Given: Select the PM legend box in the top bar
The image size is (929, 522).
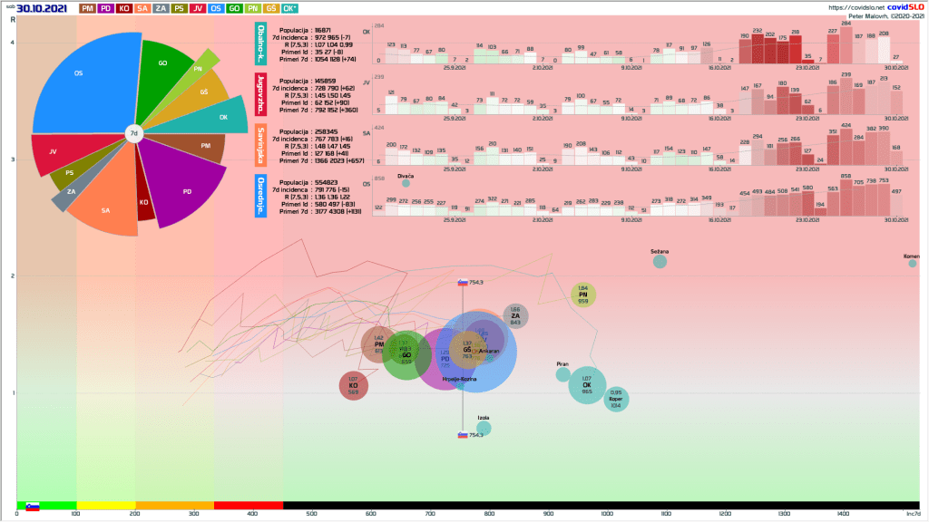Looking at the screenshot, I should [87, 8].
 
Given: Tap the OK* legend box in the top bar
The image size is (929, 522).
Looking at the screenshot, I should [289, 8].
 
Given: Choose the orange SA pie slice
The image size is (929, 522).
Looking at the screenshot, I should [107, 209].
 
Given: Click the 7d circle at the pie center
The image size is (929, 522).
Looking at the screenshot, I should [133, 133].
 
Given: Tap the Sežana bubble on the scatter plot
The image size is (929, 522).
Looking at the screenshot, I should [660, 261].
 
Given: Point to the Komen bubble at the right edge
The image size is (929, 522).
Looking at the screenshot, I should [912, 265].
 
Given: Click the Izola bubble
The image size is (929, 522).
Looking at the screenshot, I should [484, 428].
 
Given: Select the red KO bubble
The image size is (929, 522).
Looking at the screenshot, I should [353, 386].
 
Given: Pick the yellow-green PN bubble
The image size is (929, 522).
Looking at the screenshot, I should [583, 295].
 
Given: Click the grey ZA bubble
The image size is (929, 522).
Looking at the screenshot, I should [515, 315].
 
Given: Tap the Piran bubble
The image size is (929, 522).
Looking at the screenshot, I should [563, 374].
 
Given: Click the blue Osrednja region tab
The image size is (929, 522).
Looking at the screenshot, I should [260, 198].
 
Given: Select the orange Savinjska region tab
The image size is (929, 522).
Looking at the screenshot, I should [260, 145].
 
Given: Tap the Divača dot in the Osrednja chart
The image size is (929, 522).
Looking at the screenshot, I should [406, 184].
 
